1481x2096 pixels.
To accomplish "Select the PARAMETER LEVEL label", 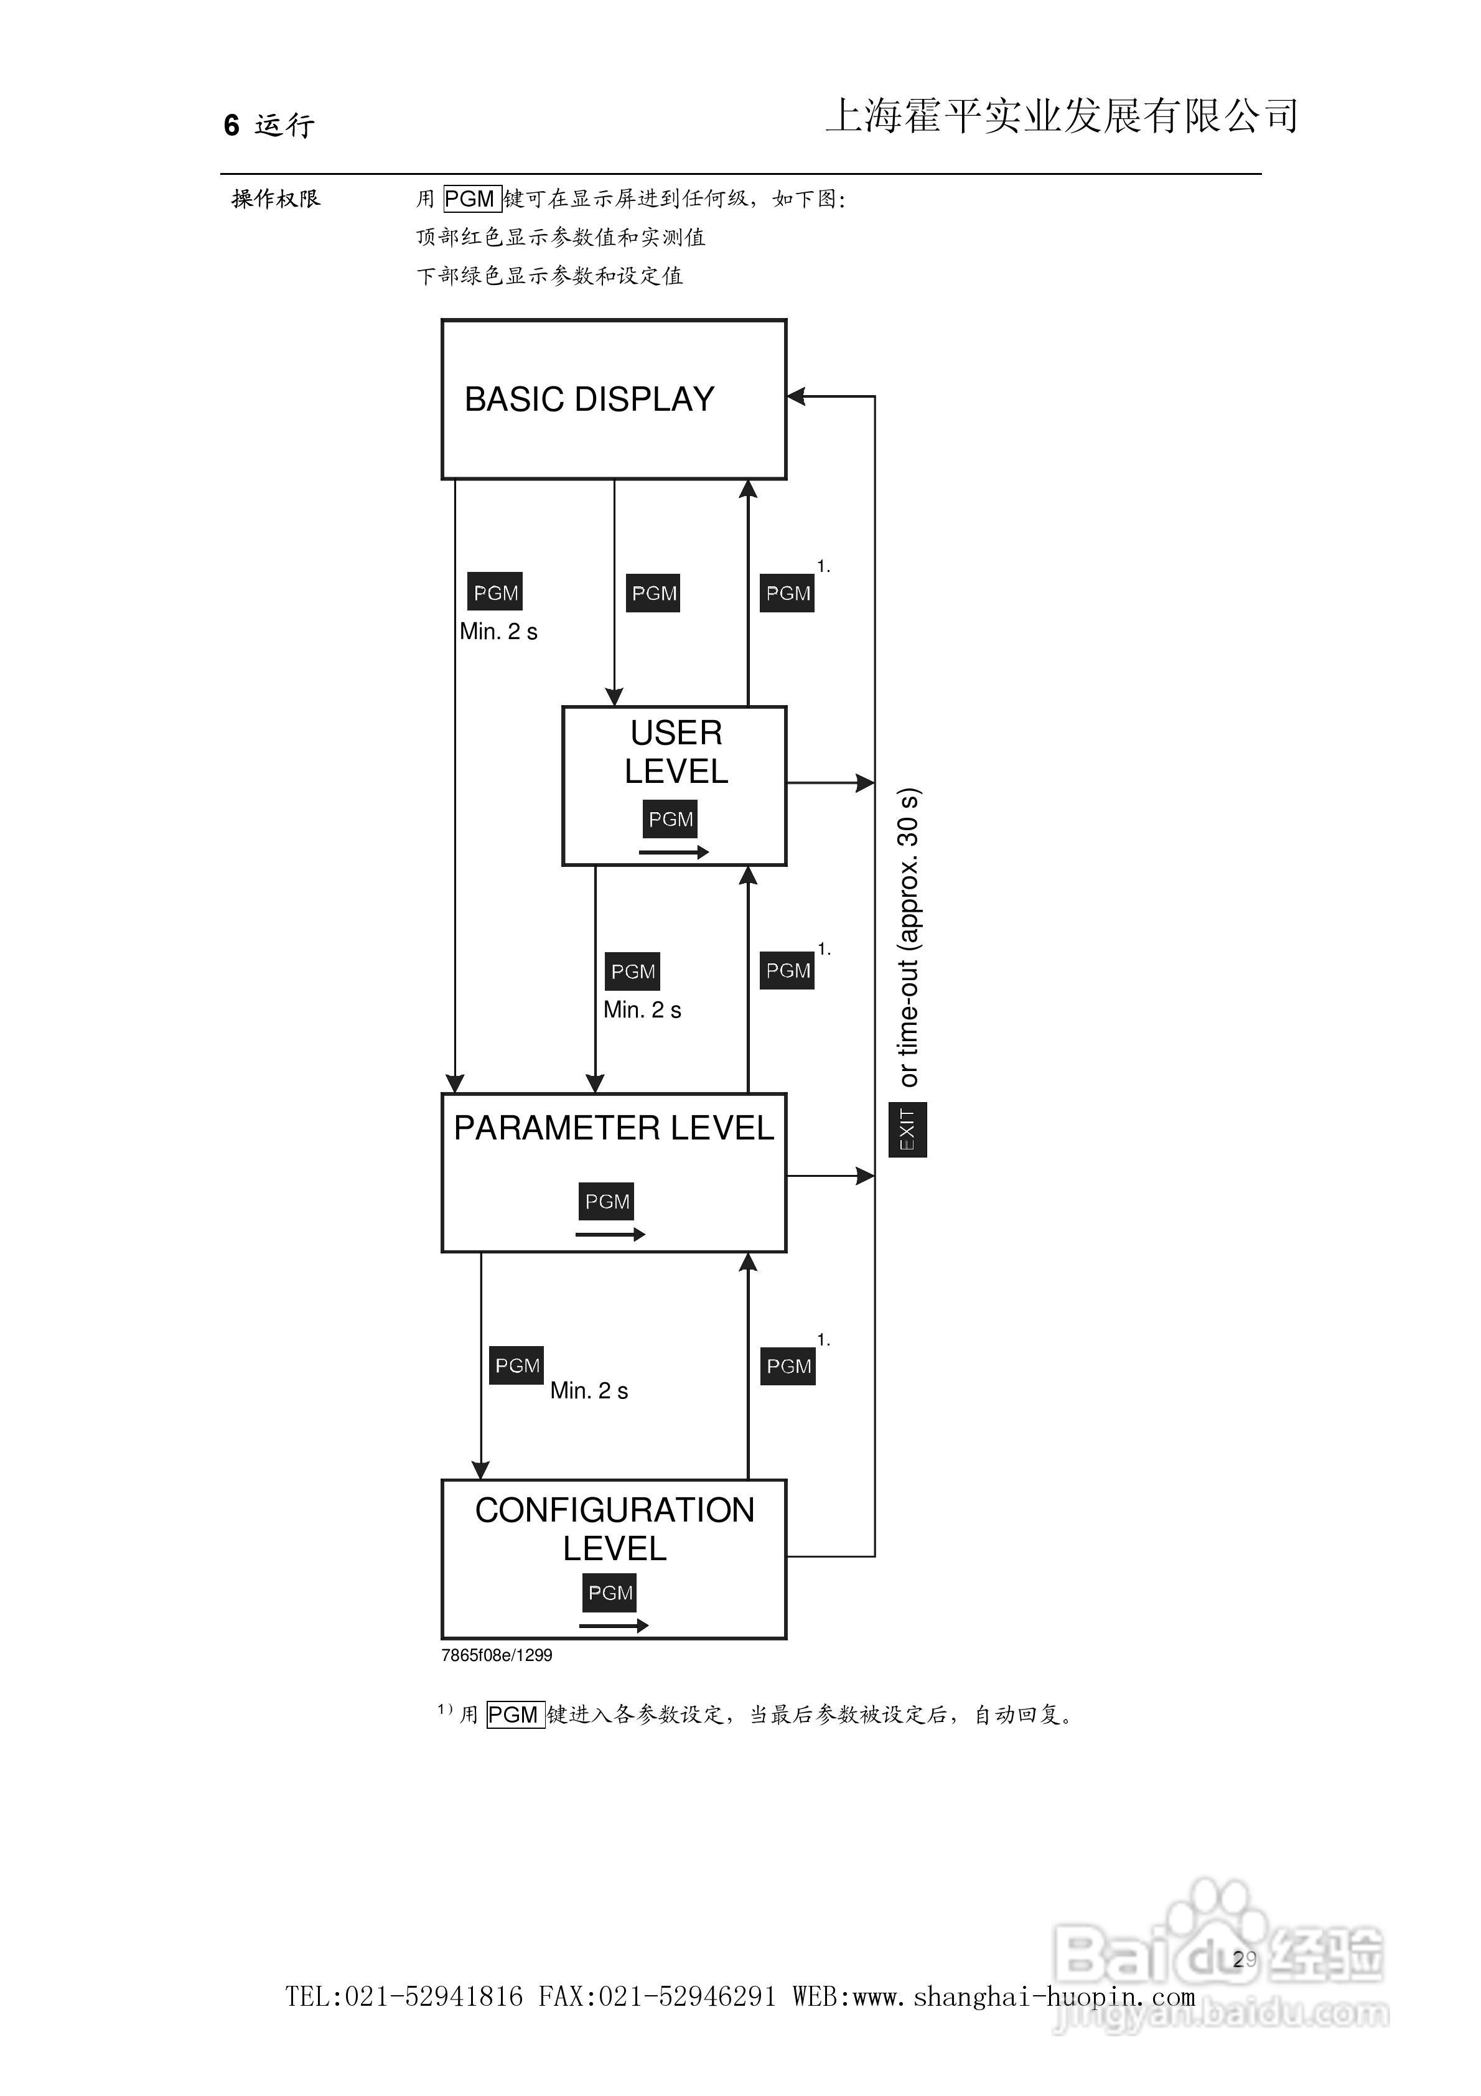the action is point(614,1128).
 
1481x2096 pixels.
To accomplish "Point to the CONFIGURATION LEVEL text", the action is point(615,1529).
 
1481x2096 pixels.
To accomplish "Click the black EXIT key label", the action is point(908,1130).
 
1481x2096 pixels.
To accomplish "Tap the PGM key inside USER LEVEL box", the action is point(670,819).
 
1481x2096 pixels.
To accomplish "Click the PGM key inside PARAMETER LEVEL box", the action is point(606,1201).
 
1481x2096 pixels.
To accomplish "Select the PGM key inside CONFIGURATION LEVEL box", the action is point(610,1593).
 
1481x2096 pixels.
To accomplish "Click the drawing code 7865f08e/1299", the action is point(497,1655).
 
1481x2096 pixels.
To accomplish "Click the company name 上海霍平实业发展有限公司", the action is point(1062,116).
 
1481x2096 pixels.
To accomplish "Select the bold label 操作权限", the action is point(276,199).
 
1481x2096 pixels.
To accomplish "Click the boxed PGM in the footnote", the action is point(515,1715).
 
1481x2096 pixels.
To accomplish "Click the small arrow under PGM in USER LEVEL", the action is point(674,853).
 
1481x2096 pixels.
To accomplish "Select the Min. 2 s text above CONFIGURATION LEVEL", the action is point(589,1390).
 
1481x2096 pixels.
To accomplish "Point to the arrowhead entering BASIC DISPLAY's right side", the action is point(795,396).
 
